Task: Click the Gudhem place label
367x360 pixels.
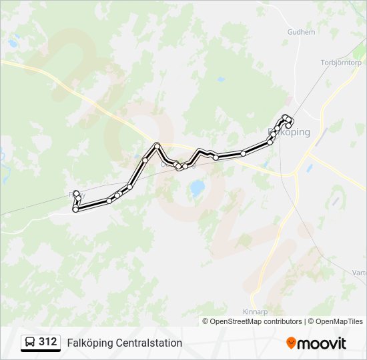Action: pyautogui.click(x=300, y=31)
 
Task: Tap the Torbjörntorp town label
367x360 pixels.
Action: pyautogui.click(x=340, y=63)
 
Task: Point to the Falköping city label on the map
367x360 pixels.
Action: pyautogui.click(x=290, y=132)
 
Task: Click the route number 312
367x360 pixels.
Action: pyautogui.click(x=48, y=342)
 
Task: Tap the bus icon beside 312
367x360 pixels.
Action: pyautogui.click(x=31, y=343)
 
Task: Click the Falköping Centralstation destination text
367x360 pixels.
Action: pyautogui.click(x=124, y=343)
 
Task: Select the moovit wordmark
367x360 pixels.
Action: pyautogui.click(x=322, y=343)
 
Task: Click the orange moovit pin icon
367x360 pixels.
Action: pyautogui.click(x=291, y=343)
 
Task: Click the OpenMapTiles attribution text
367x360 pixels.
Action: pyautogui.click(x=339, y=321)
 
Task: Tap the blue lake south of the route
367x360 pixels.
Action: pyautogui.click(x=197, y=189)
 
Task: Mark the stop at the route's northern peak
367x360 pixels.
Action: pyautogui.click(x=157, y=145)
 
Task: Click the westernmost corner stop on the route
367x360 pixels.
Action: pyautogui.click(x=75, y=209)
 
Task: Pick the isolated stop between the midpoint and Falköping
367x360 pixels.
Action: pyautogui.click(x=243, y=153)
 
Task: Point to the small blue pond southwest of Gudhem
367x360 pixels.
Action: pyautogui.click(x=221, y=79)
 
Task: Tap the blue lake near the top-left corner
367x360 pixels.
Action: pyautogui.click(x=13, y=44)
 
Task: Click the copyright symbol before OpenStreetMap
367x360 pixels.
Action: pyautogui.click(x=206, y=321)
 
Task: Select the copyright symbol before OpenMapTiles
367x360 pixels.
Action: pyautogui.click(x=312, y=321)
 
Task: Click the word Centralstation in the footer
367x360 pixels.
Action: pyautogui.click(x=149, y=343)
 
